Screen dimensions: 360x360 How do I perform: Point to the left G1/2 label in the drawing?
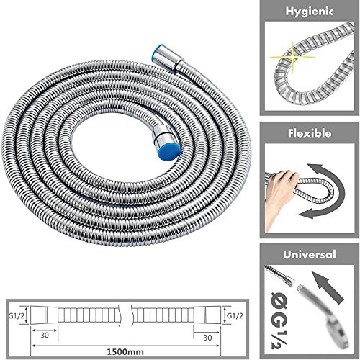21,315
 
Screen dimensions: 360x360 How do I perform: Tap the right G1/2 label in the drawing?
235,315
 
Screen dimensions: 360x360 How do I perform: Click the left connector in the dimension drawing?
45,315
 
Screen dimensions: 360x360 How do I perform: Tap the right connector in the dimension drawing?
211,315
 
